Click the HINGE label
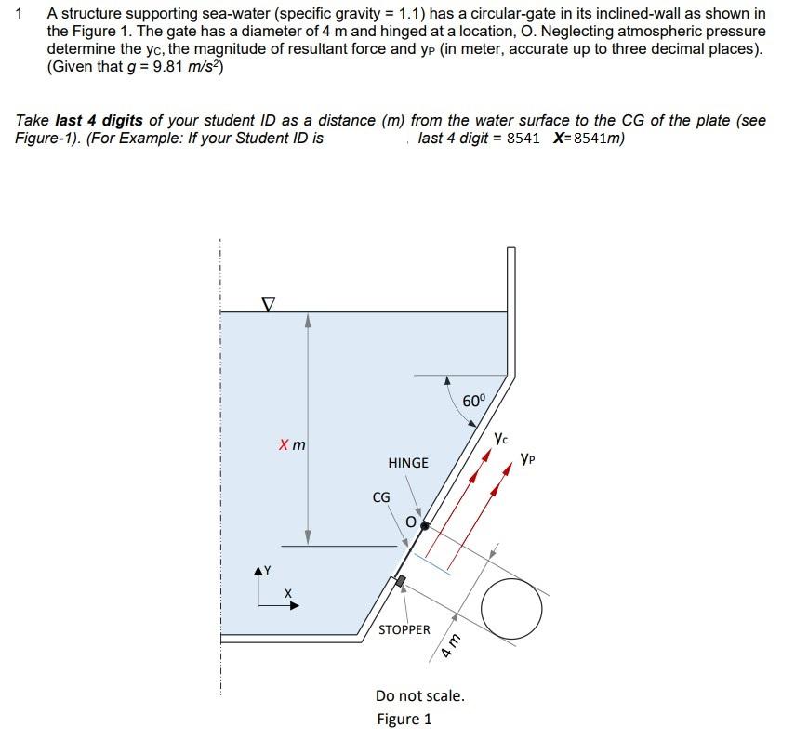(x=408, y=462)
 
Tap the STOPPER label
(x=404, y=629)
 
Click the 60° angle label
(x=474, y=402)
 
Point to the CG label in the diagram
(x=381, y=497)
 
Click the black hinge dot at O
(x=424, y=525)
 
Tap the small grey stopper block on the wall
(x=401, y=581)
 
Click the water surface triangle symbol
(x=268, y=304)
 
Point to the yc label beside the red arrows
(x=501, y=436)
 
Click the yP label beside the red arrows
(x=529, y=457)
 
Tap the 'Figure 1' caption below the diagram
(x=404, y=719)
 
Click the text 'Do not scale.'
(x=420, y=695)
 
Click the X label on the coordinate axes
(x=288, y=592)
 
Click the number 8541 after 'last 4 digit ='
(x=523, y=139)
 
